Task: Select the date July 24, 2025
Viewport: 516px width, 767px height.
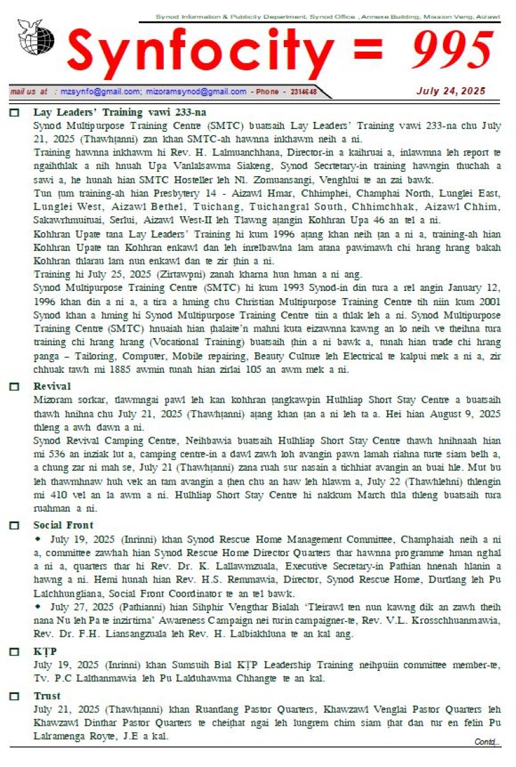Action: pyautogui.click(x=451, y=91)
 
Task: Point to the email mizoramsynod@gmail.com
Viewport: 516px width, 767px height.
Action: pyautogui.click(x=196, y=92)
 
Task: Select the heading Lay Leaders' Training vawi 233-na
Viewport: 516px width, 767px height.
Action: pyautogui.click(x=120, y=112)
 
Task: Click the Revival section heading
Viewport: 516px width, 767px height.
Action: pyautogui.click(x=52, y=386)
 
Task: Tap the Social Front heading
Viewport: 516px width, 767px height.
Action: pyautogui.click(x=63, y=525)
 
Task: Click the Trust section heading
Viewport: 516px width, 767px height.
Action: pyautogui.click(x=47, y=696)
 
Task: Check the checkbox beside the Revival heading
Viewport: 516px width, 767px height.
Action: pyautogui.click(x=14, y=387)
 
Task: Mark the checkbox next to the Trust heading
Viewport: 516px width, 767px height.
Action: pyautogui.click(x=14, y=697)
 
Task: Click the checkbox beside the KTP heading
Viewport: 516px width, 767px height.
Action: pyautogui.click(x=14, y=652)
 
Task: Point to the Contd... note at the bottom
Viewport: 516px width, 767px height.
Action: pyautogui.click(x=487, y=742)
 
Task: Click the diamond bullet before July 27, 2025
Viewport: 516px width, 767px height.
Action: pyautogui.click(x=38, y=607)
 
